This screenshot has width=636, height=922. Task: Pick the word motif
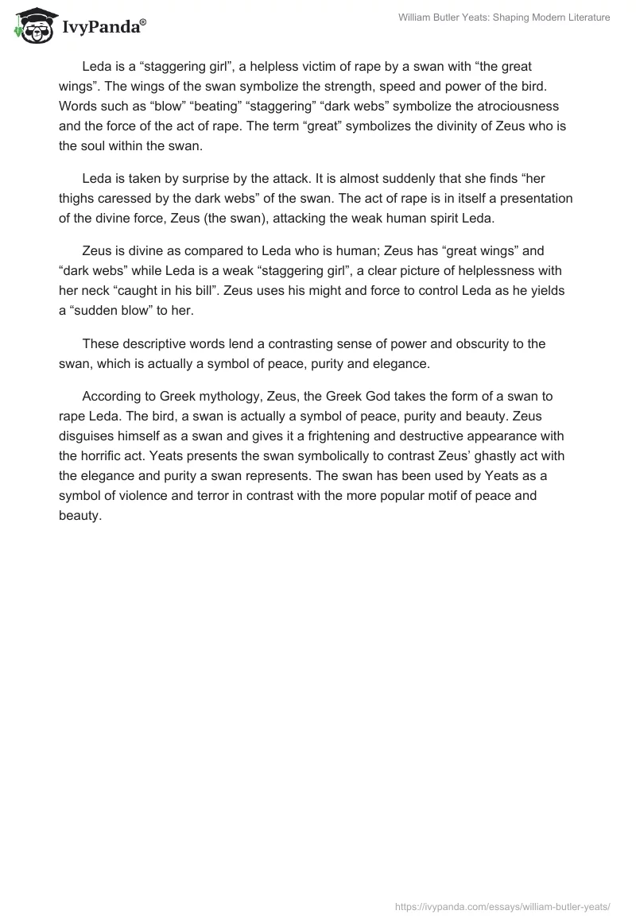tap(432, 495)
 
